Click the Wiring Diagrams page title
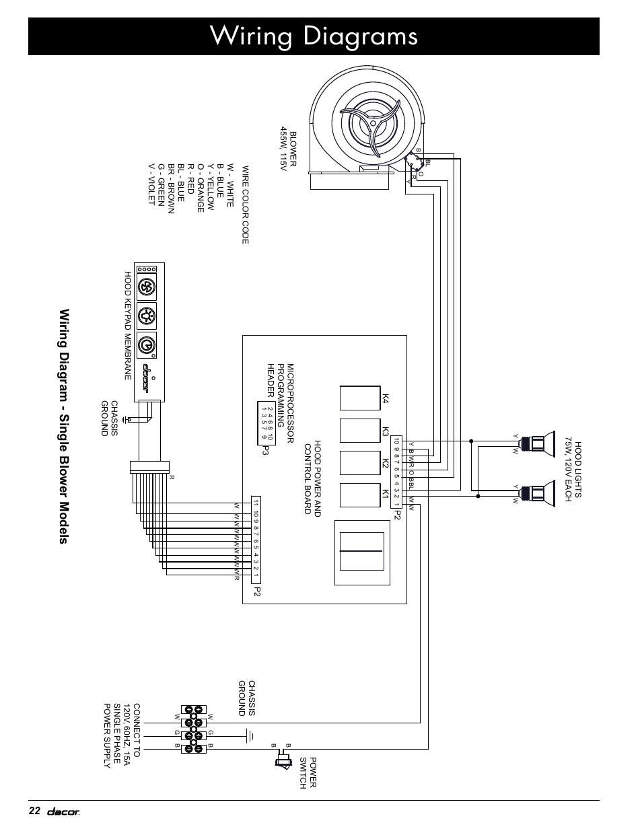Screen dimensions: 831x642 pyautogui.click(x=314, y=36)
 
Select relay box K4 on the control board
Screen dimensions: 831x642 pyautogui.click(x=361, y=398)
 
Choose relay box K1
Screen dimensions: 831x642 pyautogui.click(x=361, y=495)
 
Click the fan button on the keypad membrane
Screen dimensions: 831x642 pyautogui.click(x=147, y=287)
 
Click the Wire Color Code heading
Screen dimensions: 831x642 pyautogui.click(x=245, y=205)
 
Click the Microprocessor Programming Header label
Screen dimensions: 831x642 pyautogui.click(x=281, y=402)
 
